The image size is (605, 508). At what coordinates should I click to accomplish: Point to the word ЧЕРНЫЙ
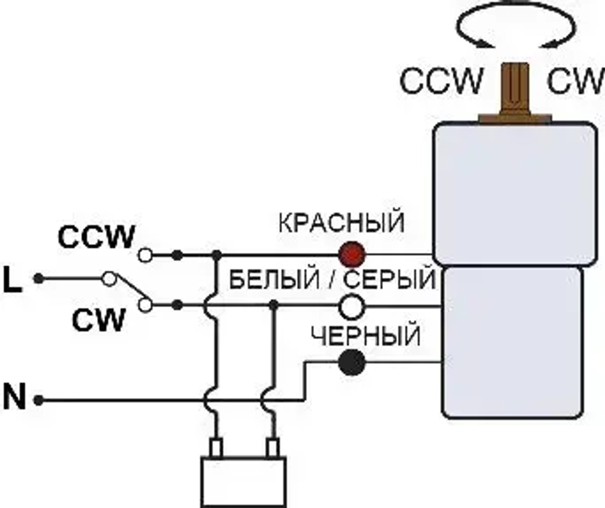(x=365, y=335)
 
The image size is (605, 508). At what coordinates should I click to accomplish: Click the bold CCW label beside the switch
(x=96, y=237)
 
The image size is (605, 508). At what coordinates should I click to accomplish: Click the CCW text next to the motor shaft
(x=442, y=81)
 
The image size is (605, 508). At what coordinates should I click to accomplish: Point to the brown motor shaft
(x=514, y=91)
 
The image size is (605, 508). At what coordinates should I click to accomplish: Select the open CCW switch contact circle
(x=145, y=255)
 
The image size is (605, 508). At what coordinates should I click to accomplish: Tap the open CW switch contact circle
(x=145, y=305)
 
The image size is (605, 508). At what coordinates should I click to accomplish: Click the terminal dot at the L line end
(x=38, y=279)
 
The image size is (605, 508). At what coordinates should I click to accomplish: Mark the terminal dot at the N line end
(x=38, y=400)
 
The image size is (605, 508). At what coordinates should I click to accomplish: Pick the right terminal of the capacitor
(x=273, y=448)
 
